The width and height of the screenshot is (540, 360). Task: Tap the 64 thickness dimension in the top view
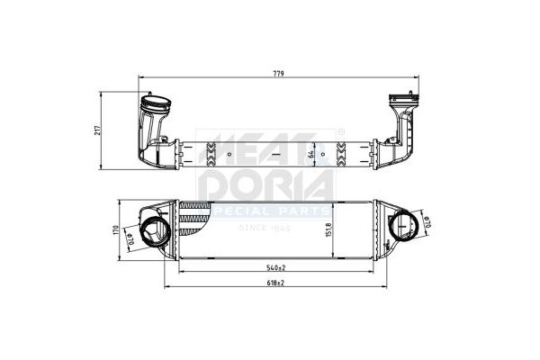click(310, 154)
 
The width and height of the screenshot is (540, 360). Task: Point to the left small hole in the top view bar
click(229, 153)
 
